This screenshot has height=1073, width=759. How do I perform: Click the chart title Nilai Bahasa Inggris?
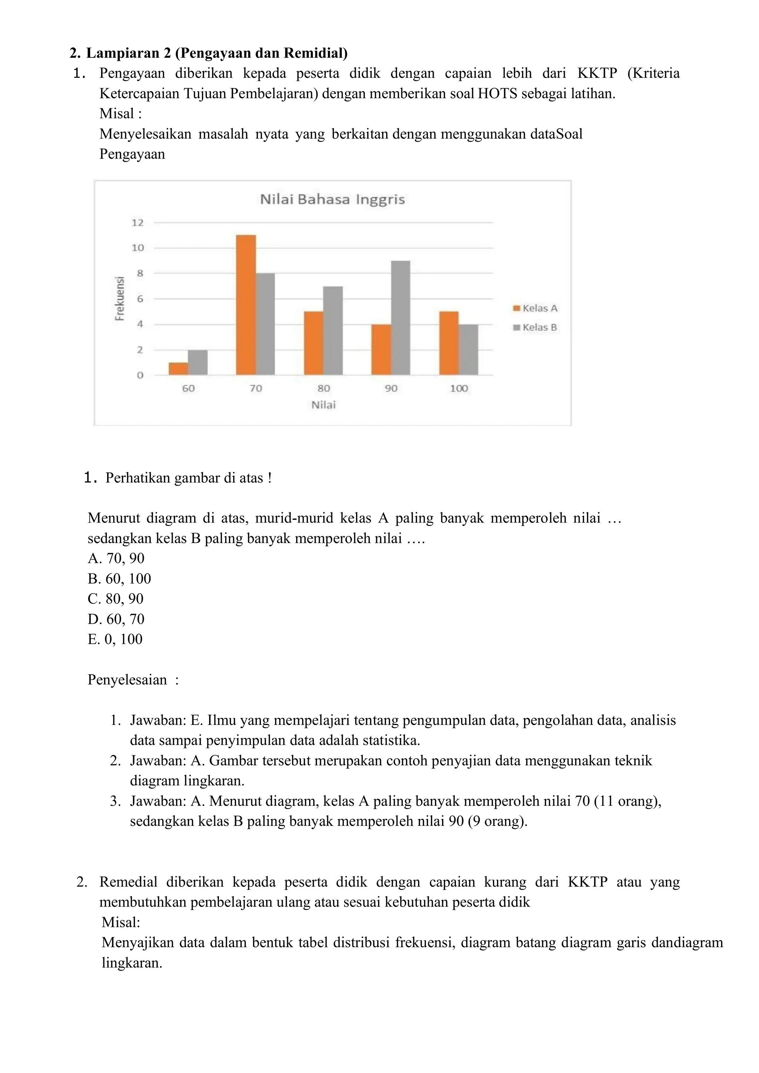pyautogui.click(x=332, y=199)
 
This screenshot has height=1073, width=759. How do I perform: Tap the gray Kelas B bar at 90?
pyautogui.click(x=401, y=318)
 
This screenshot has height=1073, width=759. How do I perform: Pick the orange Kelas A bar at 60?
pyautogui.click(x=178, y=369)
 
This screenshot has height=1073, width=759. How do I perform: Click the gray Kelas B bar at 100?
pyautogui.click(x=468, y=350)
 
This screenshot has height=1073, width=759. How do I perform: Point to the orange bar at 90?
pyautogui.click(x=381, y=350)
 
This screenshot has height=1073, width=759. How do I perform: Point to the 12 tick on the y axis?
pyautogui.click(x=137, y=223)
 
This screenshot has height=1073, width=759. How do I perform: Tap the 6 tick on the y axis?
pyautogui.click(x=140, y=299)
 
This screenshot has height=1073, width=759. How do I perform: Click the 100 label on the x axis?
pyautogui.click(x=459, y=388)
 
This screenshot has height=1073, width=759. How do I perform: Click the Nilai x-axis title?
pyautogui.click(x=324, y=405)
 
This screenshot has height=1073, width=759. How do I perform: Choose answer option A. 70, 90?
pyautogui.click(x=116, y=559)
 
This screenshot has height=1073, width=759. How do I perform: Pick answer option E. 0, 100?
pyautogui.click(x=115, y=639)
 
